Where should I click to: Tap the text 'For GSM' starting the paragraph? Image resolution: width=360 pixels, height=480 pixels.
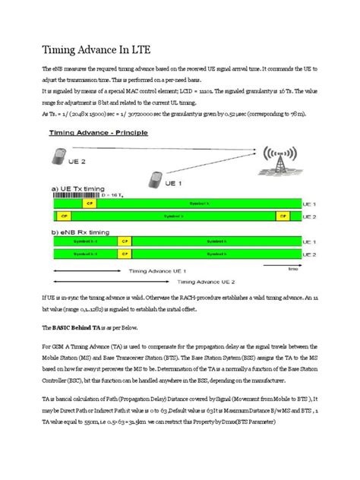coord(55,349)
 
